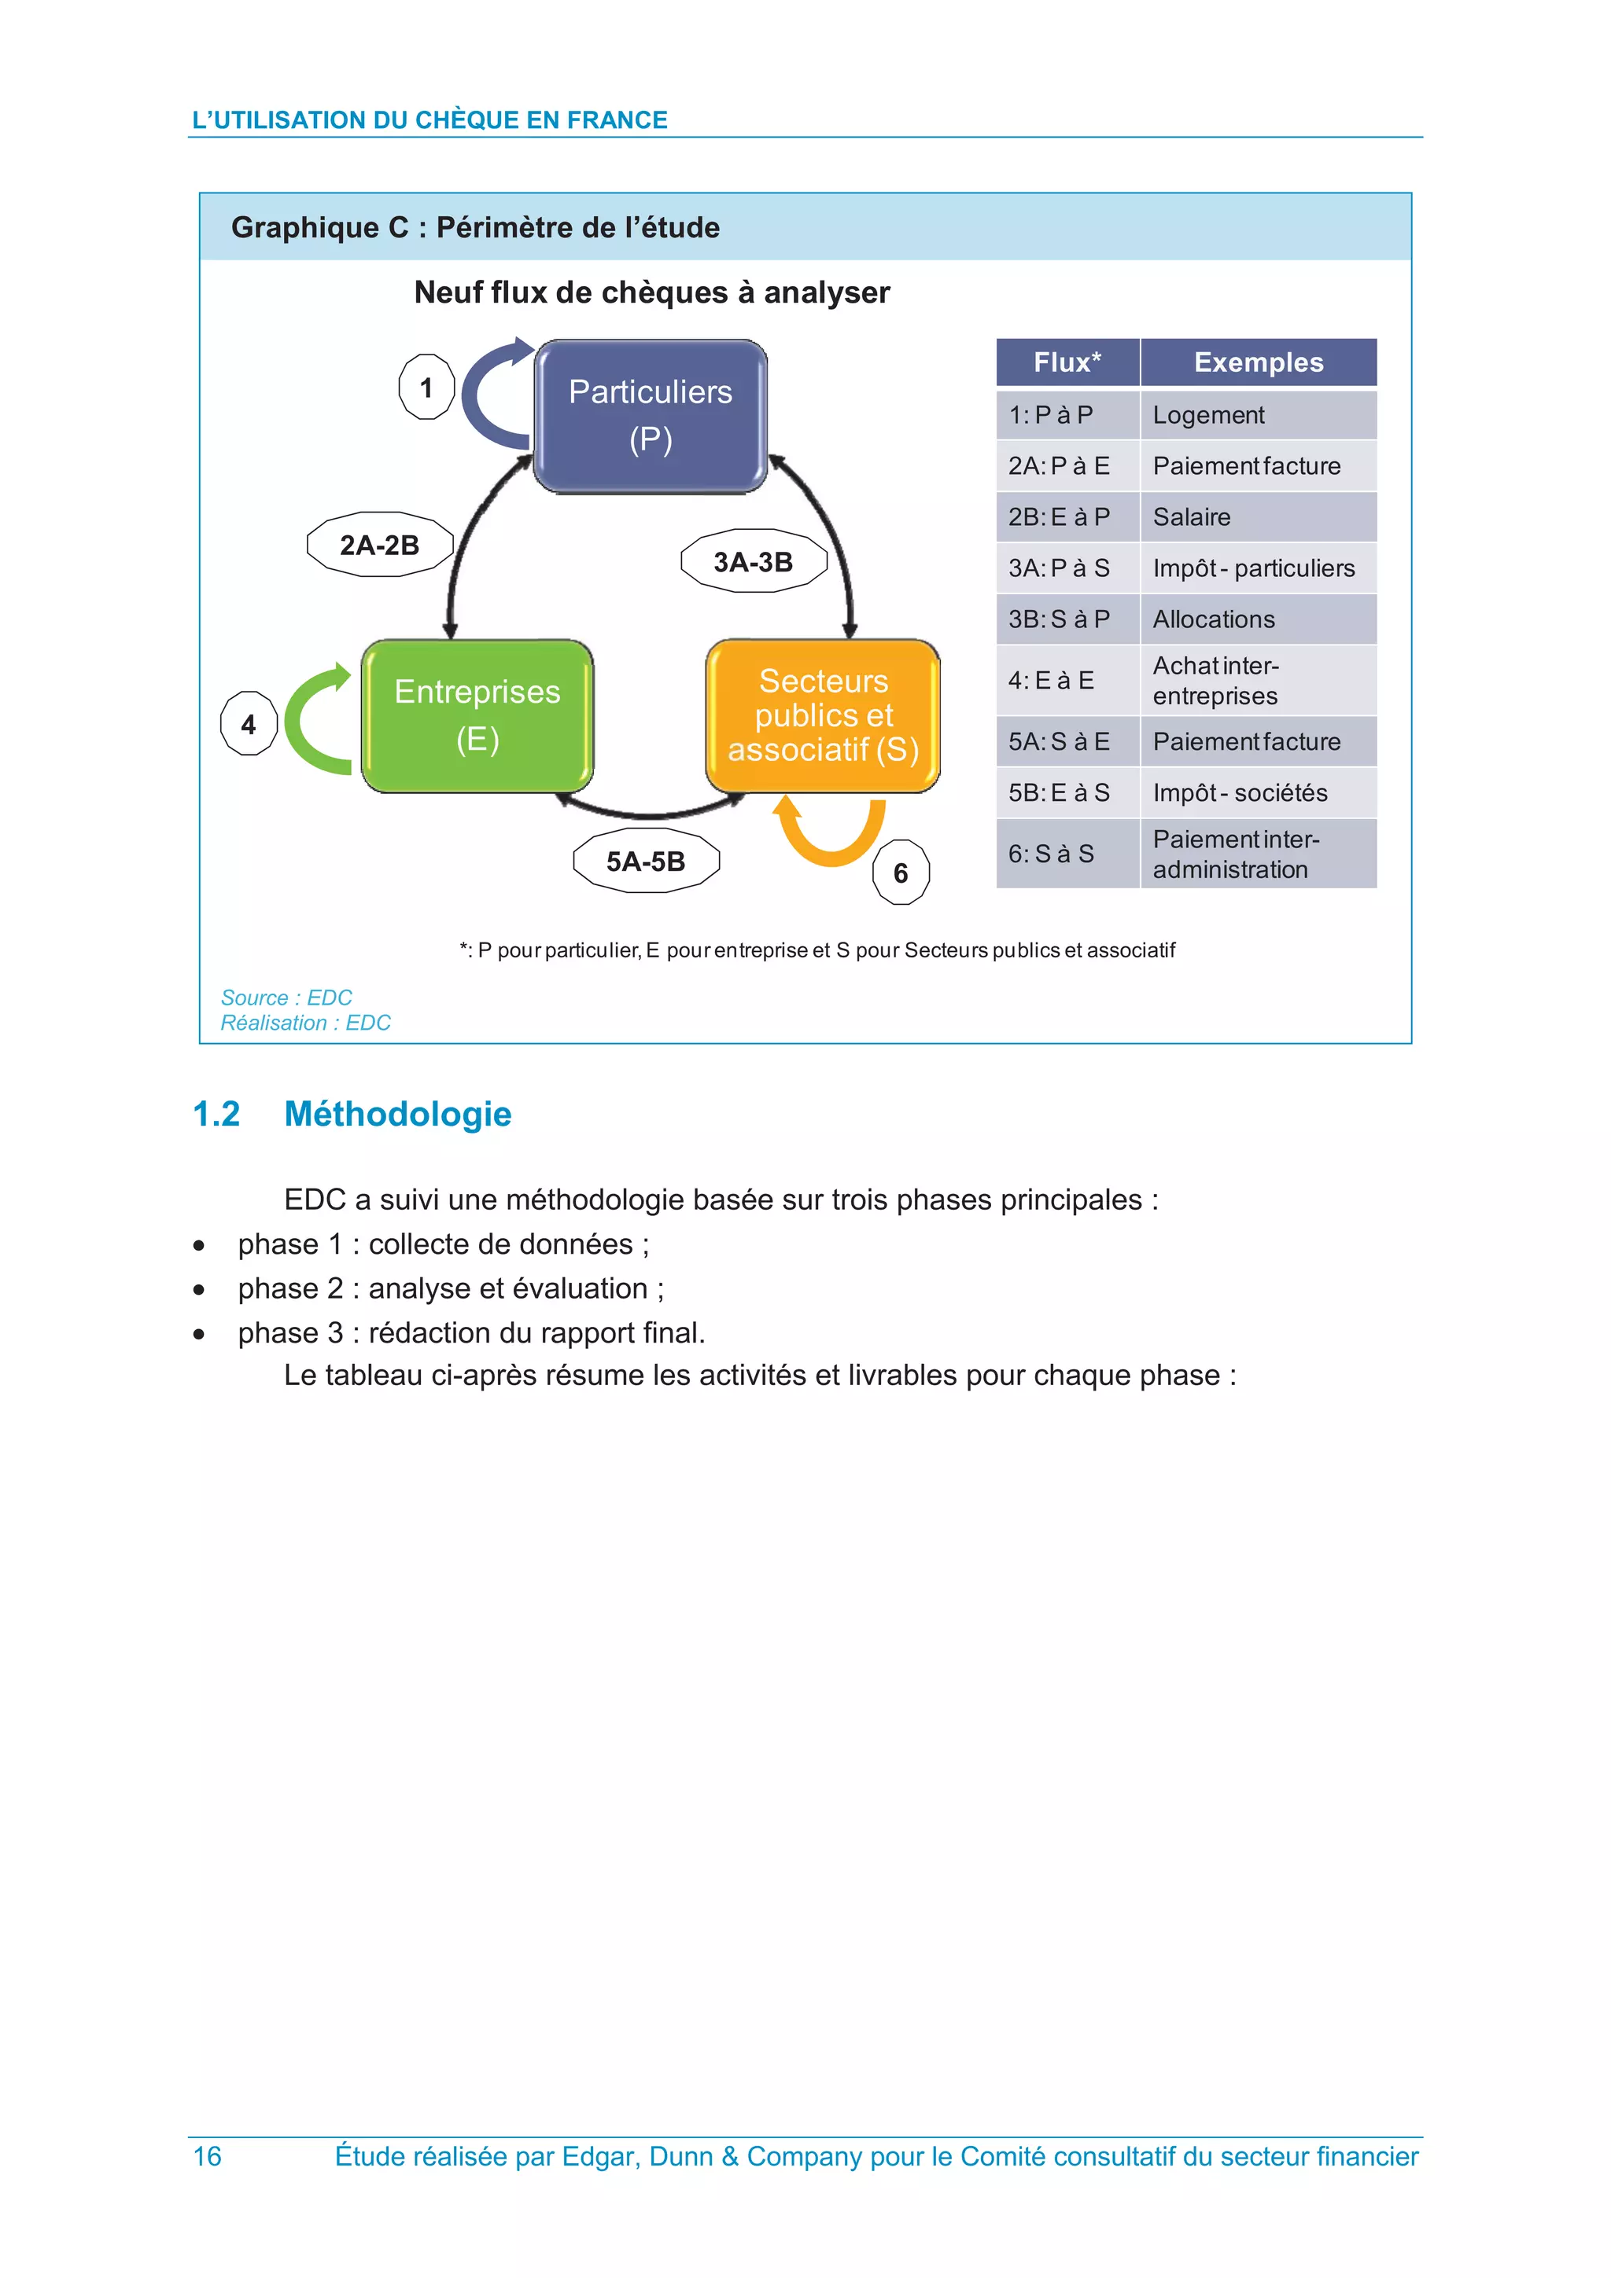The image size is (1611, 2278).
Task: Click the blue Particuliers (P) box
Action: point(651,416)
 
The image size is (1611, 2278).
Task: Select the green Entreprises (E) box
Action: point(477,715)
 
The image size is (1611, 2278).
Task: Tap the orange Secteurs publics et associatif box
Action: point(823,715)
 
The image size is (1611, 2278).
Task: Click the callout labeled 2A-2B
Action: point(380,545)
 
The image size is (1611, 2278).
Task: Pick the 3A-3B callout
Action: point(754,561)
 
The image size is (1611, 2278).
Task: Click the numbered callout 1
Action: point(427,387)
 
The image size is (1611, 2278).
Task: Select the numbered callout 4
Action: point(248,724)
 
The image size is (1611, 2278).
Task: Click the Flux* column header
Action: point(1067,362)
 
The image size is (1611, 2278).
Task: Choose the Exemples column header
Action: point(1259,362)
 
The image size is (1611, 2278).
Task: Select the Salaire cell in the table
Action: point(1192,517)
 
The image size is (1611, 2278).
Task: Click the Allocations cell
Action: point(1214,619)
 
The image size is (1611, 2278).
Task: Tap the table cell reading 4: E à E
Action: point(1052,681)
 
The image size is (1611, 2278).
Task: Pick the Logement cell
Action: point(1209,415)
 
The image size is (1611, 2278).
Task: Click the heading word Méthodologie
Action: point(397,1114)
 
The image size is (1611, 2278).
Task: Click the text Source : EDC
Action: point(286,998)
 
